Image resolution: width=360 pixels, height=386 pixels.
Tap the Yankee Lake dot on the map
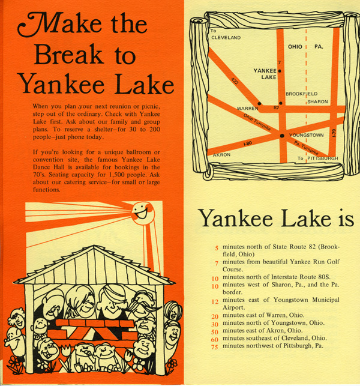(x=280, y=71)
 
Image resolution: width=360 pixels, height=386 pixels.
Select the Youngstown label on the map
(x=307, y=135)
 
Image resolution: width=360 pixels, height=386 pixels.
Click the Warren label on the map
(x=247, y=108)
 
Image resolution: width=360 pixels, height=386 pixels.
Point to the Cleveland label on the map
(x=226, y=38)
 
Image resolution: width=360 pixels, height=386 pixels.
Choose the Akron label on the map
(x=222, y=155)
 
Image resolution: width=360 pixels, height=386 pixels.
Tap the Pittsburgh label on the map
(x=323, y=158)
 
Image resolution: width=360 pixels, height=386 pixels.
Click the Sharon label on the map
(x=317, y=101)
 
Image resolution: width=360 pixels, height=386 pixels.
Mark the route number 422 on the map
(x=235, y=81)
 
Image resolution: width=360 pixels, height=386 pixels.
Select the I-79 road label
(x=334, y=133)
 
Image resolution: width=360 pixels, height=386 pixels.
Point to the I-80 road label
(x=248, y=143)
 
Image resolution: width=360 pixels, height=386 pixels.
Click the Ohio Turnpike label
(x=257, y=122)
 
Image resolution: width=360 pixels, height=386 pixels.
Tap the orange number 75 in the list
(x=215, y=347)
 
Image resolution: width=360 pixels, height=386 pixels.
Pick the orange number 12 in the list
(x=215, y=301)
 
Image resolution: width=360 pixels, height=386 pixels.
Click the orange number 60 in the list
(x=215, y=339)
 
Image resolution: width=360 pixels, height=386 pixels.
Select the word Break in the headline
(x=68, y=54)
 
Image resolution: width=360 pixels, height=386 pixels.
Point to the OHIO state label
(x=295, y=47)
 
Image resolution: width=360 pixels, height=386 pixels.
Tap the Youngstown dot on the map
(x=282, y=136)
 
